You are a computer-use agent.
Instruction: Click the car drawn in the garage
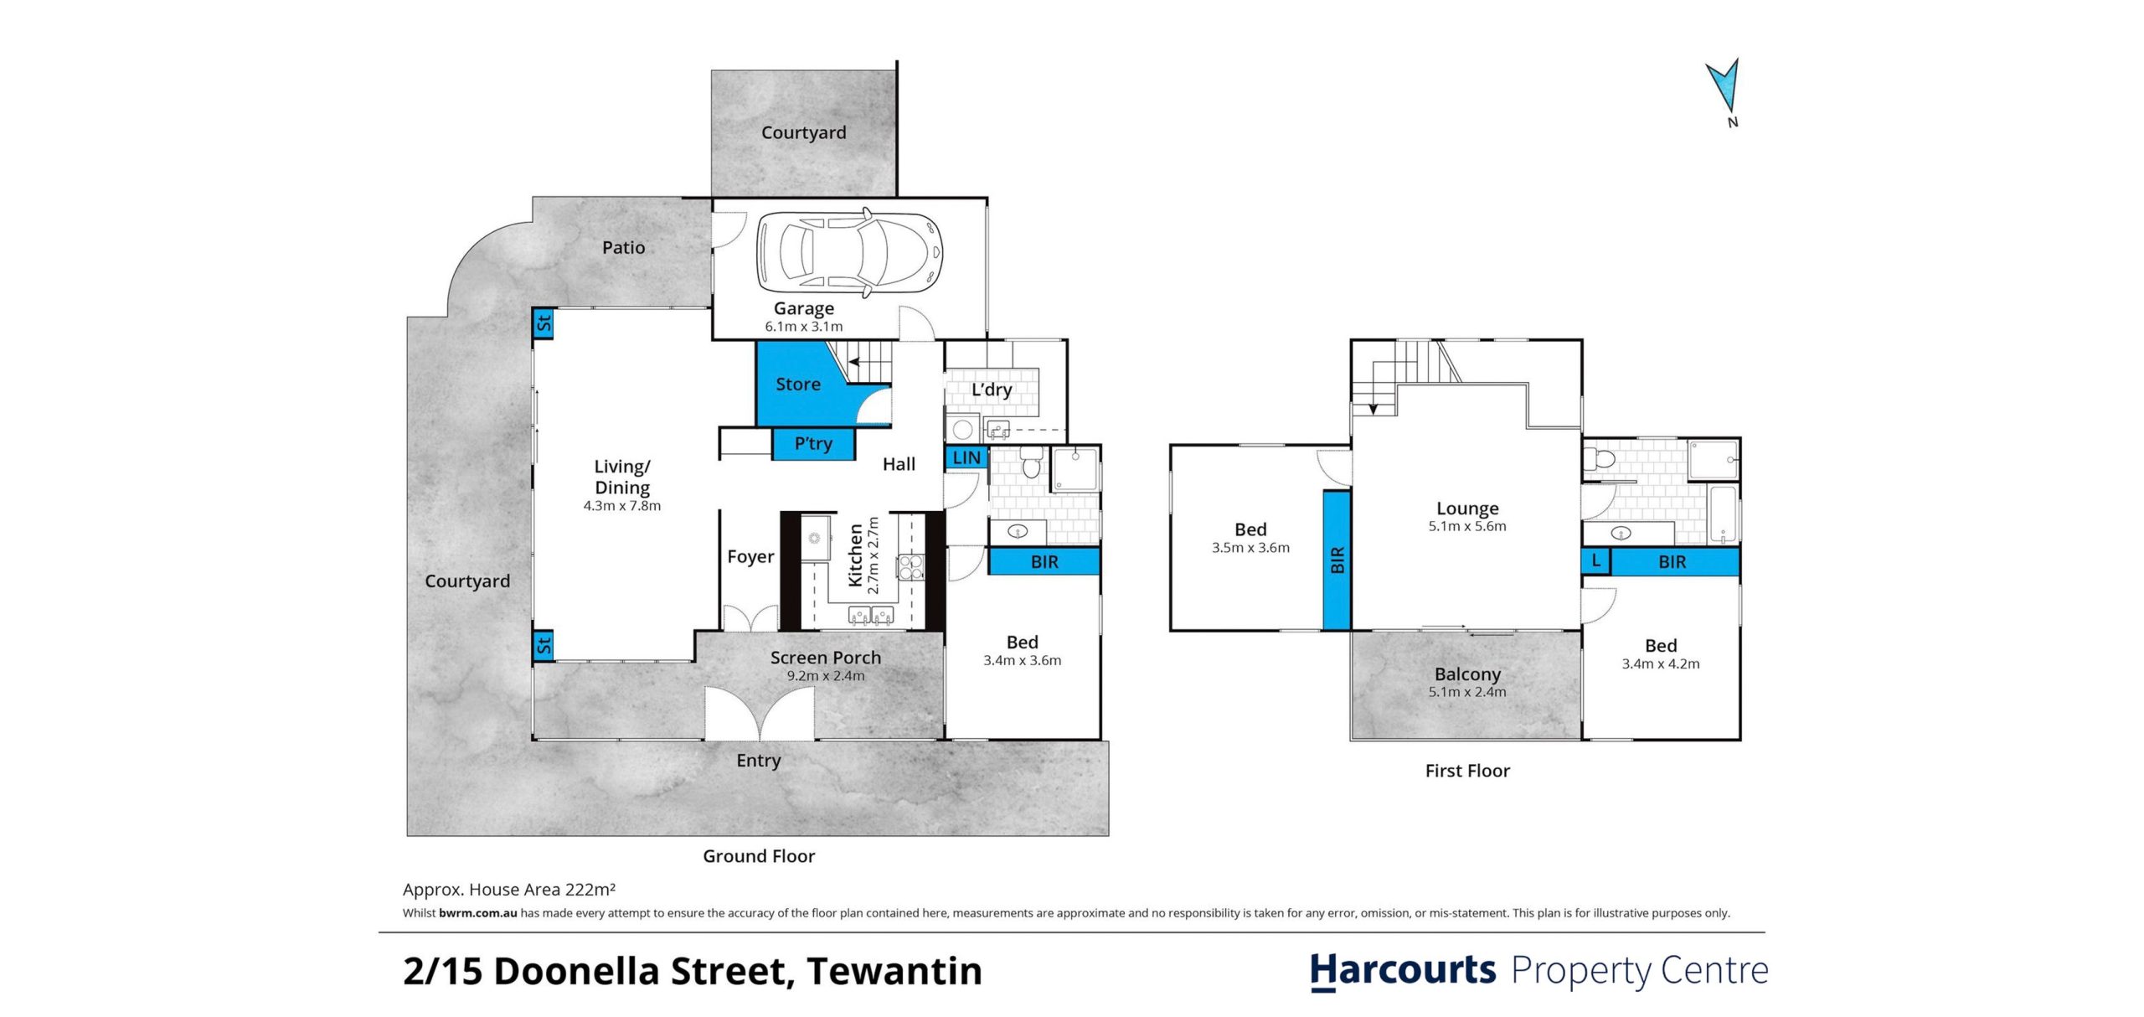849,253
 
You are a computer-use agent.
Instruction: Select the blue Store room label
797,385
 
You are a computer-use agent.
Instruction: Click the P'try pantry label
813,444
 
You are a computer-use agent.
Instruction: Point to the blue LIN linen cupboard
966,458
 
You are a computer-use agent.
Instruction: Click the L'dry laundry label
992,390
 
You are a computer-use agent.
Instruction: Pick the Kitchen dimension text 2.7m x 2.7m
874,555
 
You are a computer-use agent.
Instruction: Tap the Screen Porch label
826,658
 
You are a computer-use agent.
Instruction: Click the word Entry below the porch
759,761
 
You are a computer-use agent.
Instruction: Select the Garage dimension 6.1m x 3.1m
804,327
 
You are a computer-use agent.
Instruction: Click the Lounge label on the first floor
1467,508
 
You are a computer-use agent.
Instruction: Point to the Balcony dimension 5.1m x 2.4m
1467,692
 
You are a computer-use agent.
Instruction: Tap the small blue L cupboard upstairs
1596,561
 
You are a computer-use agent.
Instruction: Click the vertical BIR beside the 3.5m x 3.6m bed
1337,560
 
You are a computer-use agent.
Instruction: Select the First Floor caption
1467,771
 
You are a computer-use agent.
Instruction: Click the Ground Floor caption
759,856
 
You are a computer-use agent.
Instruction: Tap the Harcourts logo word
1403,972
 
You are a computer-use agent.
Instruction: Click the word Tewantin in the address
894,971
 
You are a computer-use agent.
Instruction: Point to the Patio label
624,247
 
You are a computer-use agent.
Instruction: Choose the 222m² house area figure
590,889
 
